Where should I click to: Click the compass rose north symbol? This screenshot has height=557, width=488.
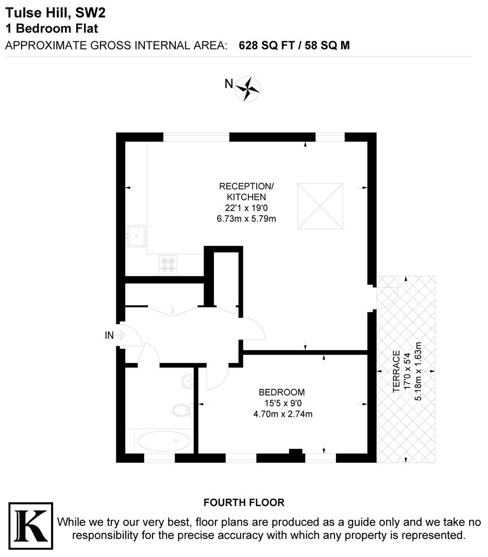248,88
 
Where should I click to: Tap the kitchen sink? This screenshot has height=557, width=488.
137,237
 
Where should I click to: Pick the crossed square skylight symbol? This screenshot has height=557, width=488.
320,206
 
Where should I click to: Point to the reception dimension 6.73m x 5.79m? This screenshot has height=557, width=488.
246,219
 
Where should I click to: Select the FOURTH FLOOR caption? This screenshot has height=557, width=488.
244,502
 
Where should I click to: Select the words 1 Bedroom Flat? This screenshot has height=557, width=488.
52,28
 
